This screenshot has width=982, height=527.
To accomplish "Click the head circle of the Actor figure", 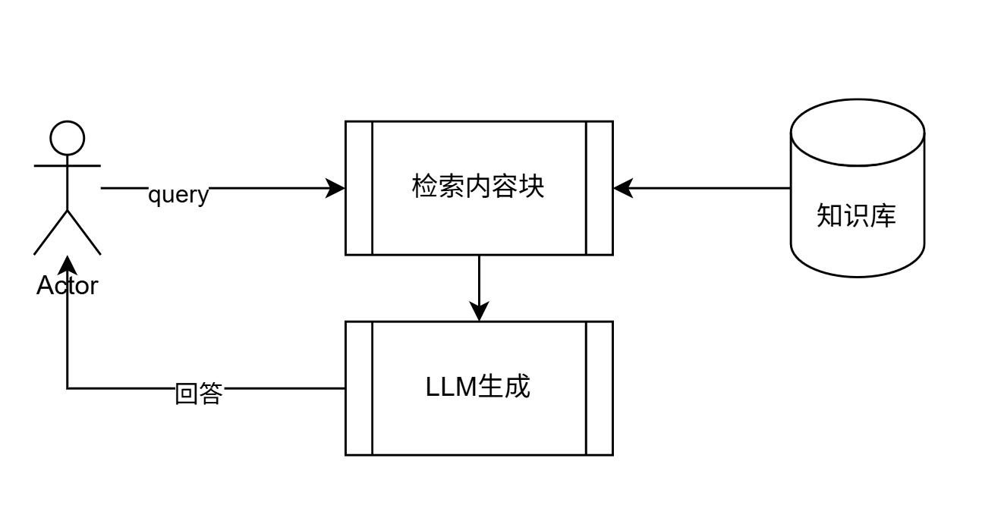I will point(68,138).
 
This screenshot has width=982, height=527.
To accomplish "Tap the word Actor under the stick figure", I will point(68,286).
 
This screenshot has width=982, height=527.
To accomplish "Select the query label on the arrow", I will point(178,195).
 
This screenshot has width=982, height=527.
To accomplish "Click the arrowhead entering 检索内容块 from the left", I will point(336,188).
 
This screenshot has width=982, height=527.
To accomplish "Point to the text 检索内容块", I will point(478,187).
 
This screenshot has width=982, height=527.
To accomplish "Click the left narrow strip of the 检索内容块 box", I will point(359,188).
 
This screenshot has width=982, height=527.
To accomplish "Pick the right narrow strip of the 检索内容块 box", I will point(599,188).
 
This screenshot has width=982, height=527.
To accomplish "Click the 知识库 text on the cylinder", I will point(857,215).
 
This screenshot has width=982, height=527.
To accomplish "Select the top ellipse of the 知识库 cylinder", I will point(858,133).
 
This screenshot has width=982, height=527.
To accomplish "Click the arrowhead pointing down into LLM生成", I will point(479,312).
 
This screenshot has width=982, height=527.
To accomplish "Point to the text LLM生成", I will point(478,387).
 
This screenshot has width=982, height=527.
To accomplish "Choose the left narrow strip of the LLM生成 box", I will point(359,388).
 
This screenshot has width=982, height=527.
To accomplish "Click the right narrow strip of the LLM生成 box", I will point(599,388).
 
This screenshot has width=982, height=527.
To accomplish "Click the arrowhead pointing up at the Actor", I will point(68,265).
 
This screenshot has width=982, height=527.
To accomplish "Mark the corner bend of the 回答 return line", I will point(68,388).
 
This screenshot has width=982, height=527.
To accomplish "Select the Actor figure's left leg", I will point(51,232).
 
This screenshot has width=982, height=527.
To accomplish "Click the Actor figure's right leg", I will point(84,232).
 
